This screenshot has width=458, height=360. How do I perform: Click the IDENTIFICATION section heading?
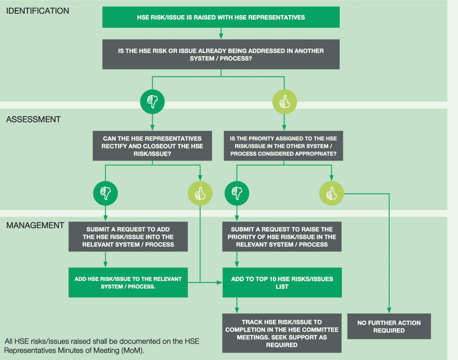(x=37, y=11)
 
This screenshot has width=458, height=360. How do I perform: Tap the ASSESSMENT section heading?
(x=34, y=119)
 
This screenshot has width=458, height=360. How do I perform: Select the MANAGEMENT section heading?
(x=35, y=225)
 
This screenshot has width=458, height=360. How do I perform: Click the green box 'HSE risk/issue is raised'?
(x=221, y=17)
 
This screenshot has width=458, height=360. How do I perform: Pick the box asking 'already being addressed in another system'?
(x=221, y=55)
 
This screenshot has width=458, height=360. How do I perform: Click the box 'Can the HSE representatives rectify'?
(x=152, y=146)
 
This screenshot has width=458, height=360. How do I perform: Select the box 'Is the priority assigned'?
(x=284, y=146)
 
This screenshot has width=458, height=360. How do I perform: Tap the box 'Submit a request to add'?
(x=128, y=237)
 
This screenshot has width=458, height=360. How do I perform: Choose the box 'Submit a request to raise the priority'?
(x=282, y=237)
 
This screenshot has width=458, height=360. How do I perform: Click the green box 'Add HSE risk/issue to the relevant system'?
(x=128, y=283)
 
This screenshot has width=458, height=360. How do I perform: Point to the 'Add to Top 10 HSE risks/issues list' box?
(x=282, y=283)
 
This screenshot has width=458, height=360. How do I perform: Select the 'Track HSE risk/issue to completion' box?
(x=282, y=333)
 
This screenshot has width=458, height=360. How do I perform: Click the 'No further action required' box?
(x=389, y=326)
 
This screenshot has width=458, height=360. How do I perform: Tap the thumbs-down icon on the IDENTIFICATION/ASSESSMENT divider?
(x=152, y=102)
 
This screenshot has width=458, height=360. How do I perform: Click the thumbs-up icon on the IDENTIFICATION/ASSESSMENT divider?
(x=285, y=102)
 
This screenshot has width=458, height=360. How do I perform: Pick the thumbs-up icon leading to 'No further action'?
(x=332, y=193)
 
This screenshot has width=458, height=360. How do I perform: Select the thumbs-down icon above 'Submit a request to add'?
(x=106, y=193)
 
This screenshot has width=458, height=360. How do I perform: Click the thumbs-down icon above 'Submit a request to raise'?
(x=237, y=193)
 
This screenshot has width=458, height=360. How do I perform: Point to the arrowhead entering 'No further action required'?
(x=389, y=310)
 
